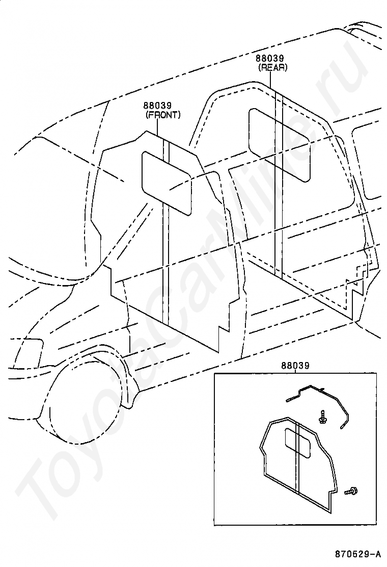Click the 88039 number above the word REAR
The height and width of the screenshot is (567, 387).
pos(270,58)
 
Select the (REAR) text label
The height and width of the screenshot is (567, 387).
pos(273,67)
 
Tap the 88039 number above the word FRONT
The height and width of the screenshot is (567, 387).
pos(157,106)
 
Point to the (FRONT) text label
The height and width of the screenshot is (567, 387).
pos(163,115)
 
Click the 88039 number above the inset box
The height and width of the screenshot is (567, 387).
pos(295,366)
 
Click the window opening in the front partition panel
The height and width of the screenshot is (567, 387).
pos(167,183)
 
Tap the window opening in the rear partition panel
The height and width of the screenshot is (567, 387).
pos(280,144)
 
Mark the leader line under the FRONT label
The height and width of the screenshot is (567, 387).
pos(157,128)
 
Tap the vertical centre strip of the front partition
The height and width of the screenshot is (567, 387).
pos(165,231)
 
